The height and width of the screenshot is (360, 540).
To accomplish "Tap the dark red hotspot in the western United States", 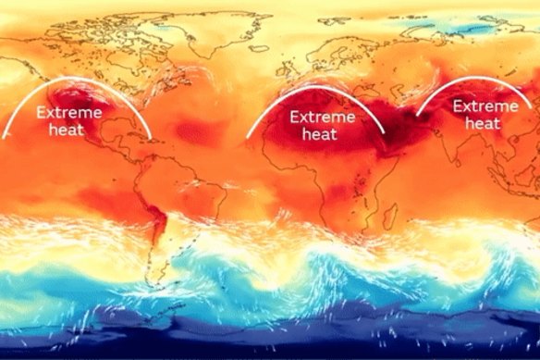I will tap(69, 93).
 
